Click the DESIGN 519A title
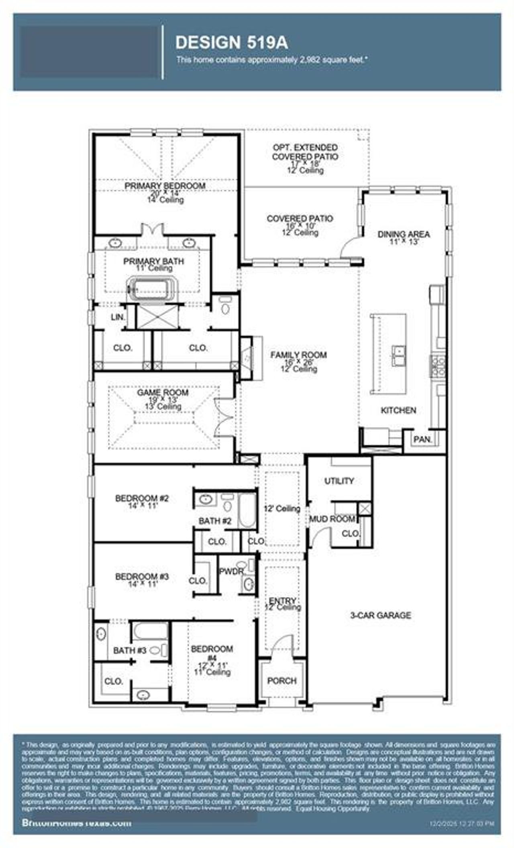tap(232, 42)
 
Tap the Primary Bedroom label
tap(165, 186)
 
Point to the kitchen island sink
tap(399, 356)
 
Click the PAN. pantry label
tap(422, 440)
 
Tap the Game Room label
tap(163, 393)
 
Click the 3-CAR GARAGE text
tap(380, 615)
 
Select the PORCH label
tap(282, 681)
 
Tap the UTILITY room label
tap(339, 481)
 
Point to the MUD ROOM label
tap(332, 519)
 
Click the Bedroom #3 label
tap(142, 576)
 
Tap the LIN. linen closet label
tap(118, 317)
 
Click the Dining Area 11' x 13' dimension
tap(404, 242)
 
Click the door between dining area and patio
tap(351, 247)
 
